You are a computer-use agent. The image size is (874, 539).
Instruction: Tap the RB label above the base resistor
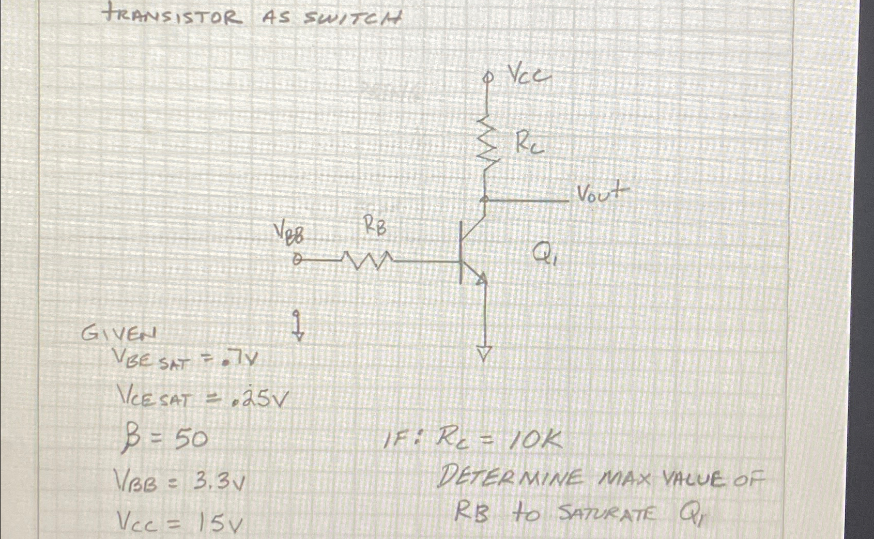click(375, 226)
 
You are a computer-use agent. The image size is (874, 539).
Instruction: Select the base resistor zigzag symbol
click(367, 261)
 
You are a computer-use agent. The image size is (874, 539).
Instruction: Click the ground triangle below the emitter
click(484, 353)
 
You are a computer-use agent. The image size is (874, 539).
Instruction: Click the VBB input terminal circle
click(297, 261)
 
